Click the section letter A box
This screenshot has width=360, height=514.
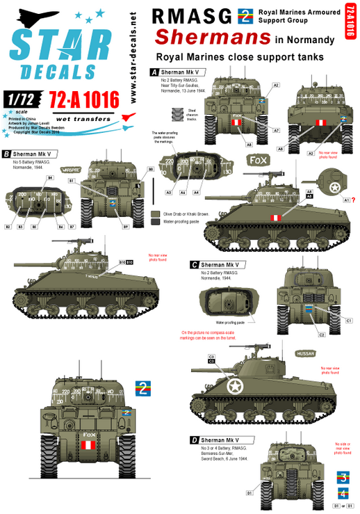[154, 72]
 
